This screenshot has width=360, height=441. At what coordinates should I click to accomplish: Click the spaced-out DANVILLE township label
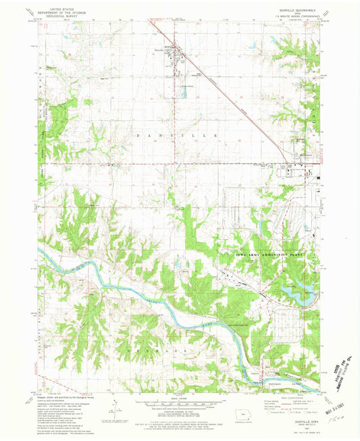click(x=177, y=136)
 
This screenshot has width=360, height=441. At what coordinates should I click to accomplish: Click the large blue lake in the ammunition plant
click(x=301, y=292)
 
